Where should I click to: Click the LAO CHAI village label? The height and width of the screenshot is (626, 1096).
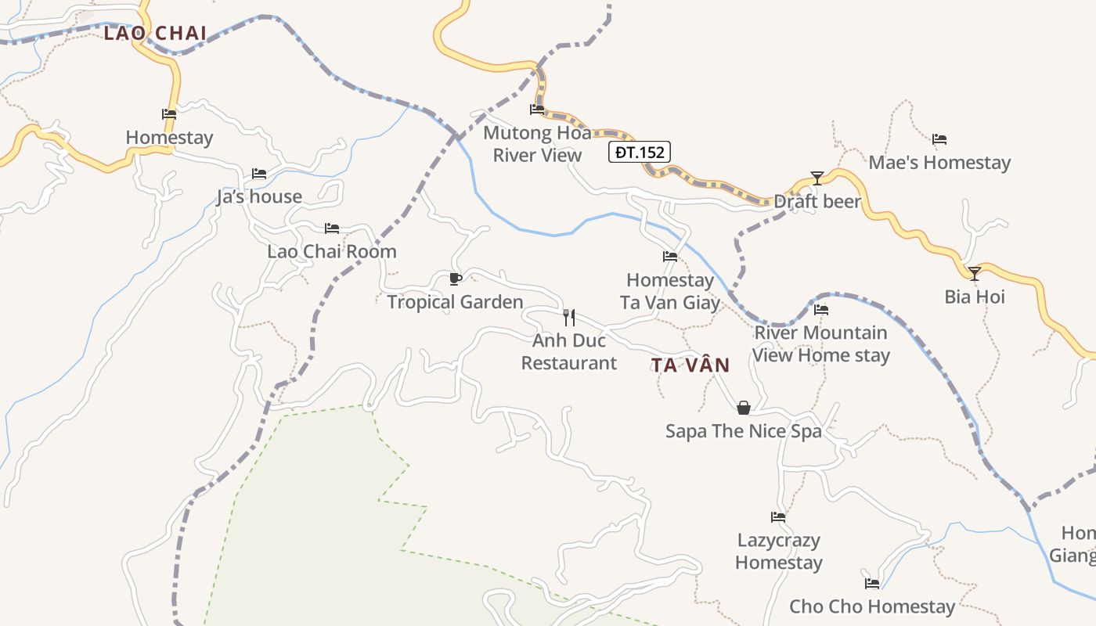click(155, 33)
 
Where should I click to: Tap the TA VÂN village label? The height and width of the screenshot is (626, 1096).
click(690, 365)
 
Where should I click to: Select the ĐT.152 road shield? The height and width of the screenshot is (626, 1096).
click(640, 152)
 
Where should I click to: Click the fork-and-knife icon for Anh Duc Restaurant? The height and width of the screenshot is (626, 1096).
click(569, 317)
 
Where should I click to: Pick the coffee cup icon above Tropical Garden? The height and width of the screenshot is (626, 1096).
click(455, 279)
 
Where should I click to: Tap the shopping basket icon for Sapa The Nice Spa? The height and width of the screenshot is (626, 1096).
click(744, 408)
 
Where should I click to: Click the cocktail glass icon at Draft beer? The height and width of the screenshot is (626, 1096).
click(817, 178)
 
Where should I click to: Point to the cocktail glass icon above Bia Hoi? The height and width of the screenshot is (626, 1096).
click(975, 273)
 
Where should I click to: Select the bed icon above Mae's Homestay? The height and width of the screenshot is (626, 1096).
click(939, 139)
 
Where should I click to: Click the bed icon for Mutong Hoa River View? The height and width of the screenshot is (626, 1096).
click(537, 109)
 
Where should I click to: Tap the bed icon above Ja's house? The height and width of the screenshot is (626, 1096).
click(259, 173)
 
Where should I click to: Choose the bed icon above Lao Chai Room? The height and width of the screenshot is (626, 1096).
click(332, 228)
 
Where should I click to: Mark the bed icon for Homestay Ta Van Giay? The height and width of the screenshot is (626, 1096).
click(670, 256)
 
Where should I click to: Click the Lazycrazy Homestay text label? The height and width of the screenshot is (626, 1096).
click(778, 551)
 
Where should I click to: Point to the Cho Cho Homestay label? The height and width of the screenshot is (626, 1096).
click(872, 606)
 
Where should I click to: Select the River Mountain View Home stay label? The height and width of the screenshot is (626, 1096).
click(820, 344)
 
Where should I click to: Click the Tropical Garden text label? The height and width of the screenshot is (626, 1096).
click(455, 302)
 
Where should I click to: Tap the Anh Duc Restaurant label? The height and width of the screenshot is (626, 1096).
click(569, 351)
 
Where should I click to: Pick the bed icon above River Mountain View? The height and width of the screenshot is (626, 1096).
click(820, 310)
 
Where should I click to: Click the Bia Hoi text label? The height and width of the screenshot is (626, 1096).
click(975, 297)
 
